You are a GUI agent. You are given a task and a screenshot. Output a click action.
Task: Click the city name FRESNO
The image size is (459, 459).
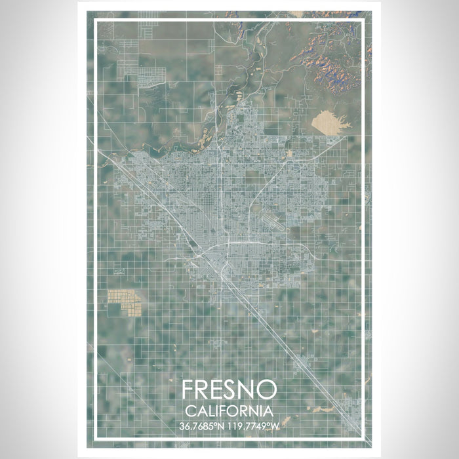click(x=229, y=390)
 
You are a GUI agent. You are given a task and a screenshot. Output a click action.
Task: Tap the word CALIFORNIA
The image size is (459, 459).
click(x=229, y=410)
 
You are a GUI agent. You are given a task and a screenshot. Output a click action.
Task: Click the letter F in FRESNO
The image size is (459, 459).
click(x=189, y=390)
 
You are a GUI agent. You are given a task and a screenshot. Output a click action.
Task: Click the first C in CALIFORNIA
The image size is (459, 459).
click(x=190, y=410)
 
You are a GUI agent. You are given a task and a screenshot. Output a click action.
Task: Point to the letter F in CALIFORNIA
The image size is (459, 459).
click(x=220, y=410)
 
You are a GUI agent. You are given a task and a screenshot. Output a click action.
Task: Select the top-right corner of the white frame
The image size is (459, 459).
click(x=363, y=20)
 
